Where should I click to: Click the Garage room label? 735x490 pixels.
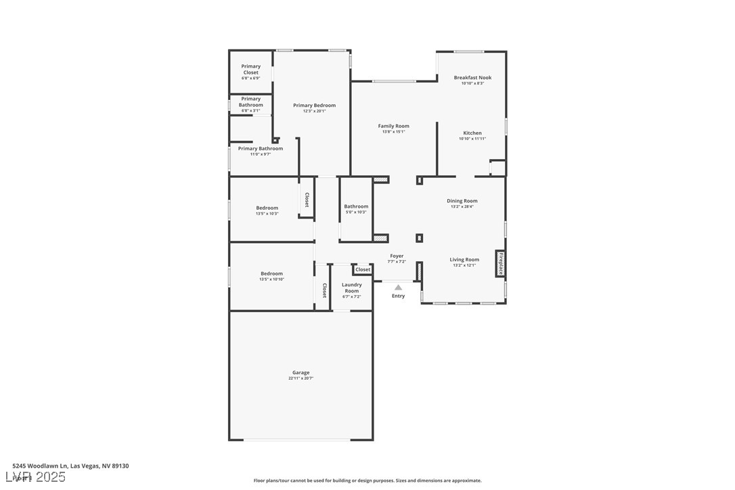[300, 372]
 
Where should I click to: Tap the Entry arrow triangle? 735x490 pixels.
[398, 288]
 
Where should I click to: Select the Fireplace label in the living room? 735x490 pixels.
[501, 263]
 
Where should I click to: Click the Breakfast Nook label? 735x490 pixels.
[472, 78]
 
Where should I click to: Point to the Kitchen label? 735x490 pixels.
[472, 133]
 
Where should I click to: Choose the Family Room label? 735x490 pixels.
[393, 126]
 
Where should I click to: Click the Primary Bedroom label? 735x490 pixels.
[314, 106]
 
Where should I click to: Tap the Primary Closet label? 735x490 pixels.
[251, 69]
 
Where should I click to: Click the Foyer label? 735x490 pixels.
[397, 256]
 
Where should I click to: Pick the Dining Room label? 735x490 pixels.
[462, 201]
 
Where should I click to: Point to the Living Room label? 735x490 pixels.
[464, 259]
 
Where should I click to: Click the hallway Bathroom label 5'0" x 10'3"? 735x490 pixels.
[356, 206]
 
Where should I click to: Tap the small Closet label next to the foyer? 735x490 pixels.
[363, 269]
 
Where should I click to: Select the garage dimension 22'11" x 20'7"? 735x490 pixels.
[300, 378]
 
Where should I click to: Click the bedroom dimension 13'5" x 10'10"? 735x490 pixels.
[271, 280]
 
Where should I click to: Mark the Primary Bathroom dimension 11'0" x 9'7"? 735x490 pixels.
[261, 154]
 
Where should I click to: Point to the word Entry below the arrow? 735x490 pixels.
[398, 296]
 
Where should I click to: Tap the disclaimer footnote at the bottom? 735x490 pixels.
[367, 481]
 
